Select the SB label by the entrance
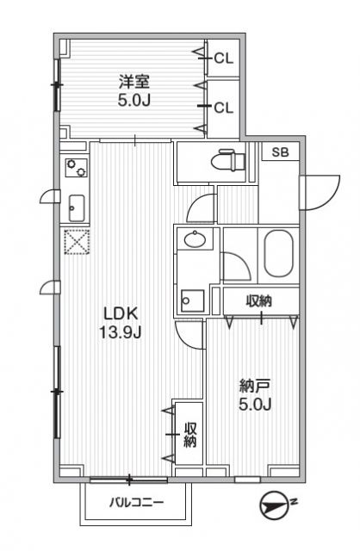pos(280,152)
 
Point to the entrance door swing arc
pos(320,188)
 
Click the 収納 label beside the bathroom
pos(260,301)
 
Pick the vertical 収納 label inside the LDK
pos(189,435)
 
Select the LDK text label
pos(121,313)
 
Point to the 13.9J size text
pos(121,331)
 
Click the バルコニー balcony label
pos(135,504)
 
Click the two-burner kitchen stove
pos(75,166)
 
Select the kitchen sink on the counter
pos(75,207)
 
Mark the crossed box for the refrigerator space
pos(75,242)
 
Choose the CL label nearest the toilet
pos(223,108)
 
